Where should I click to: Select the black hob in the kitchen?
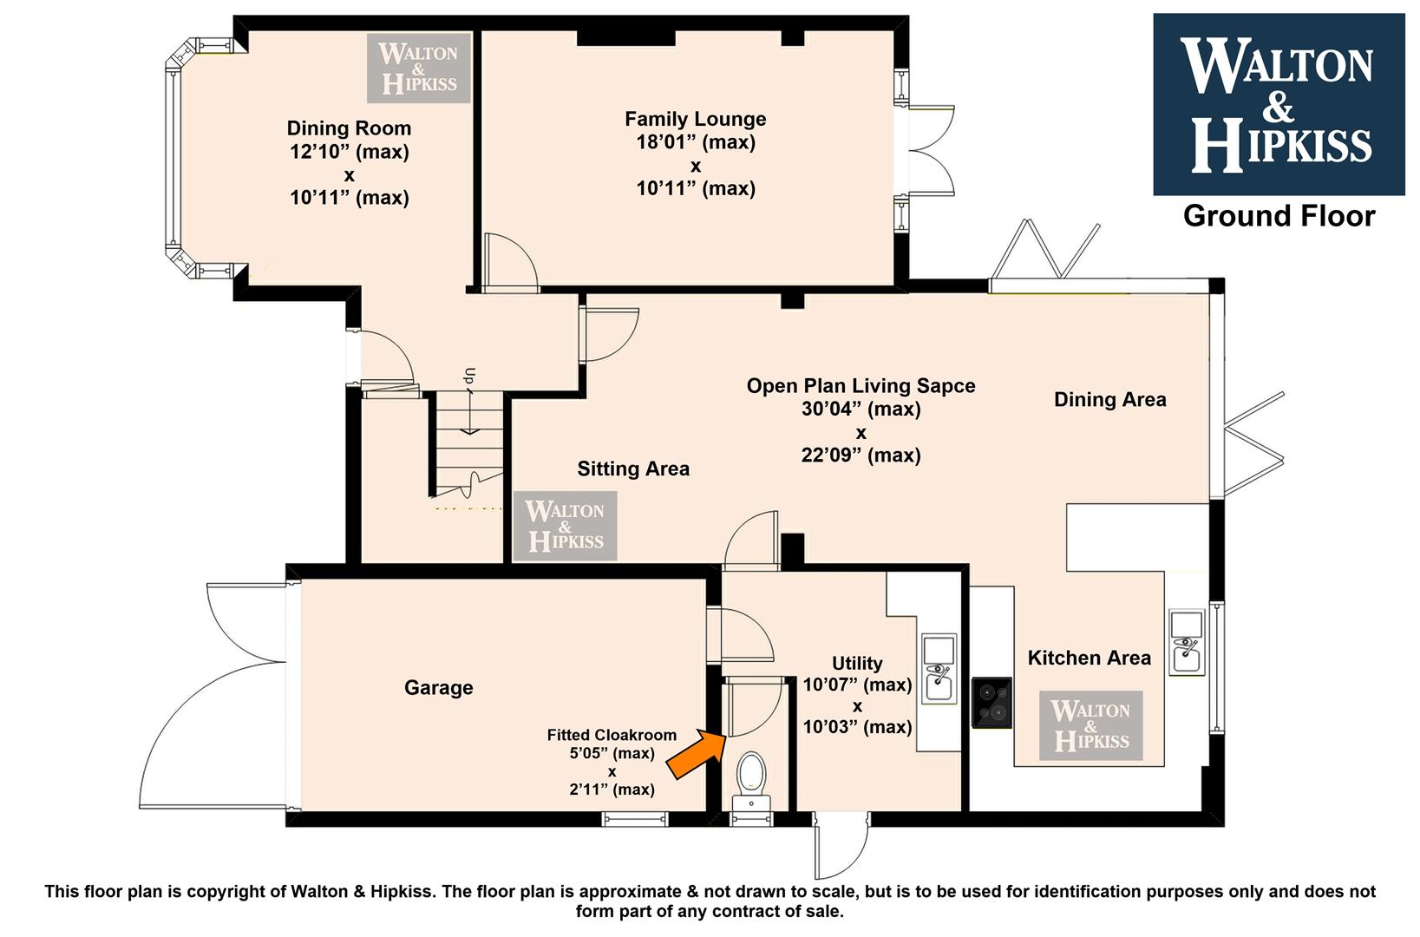click(x=991, y=703)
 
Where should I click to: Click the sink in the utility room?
click(x=939, y=668)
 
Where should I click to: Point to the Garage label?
click(x=439, y=687)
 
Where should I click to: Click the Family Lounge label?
click(x=696, y=119)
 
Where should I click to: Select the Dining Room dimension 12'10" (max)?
click(x=350, y=152)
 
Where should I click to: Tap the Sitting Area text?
click(x=633, y=468)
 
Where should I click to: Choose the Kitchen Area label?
click(x=1090, y=658)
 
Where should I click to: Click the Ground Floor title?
click(x=1279, y=216)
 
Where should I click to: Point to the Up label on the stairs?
click(x=470, y=376)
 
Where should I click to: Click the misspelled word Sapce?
click(x=946, y=385)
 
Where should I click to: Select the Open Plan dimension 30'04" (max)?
click(x=861, y=409)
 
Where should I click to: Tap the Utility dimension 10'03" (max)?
click(x=857, y=726)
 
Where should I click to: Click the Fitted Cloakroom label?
click(x=612, y=735)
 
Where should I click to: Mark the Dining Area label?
click(x=1110, y=399)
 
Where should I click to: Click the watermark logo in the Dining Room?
click(x=418, y=68)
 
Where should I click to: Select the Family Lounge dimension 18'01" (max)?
click(x=696, y=142)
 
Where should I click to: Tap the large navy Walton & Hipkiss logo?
click(x=1279, y=105)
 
